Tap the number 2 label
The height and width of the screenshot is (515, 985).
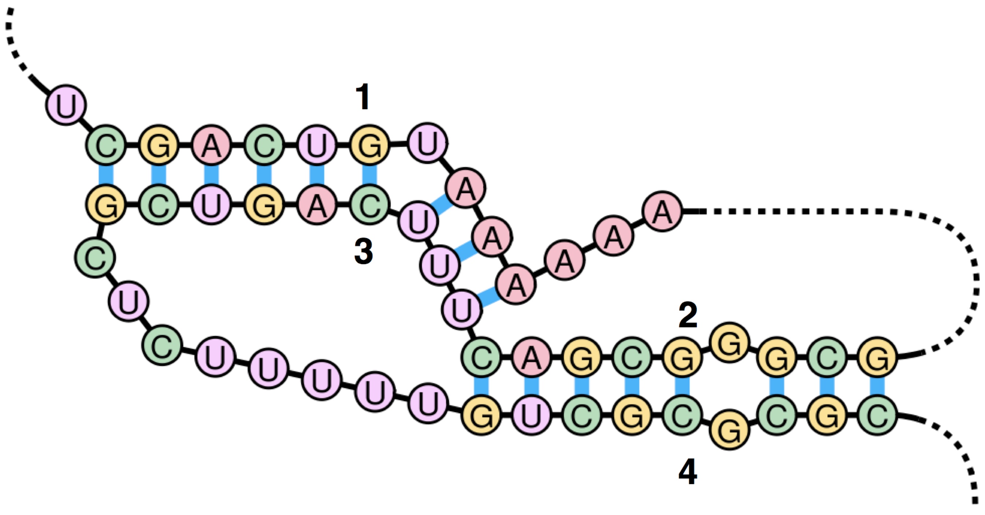click(x=688, y=315)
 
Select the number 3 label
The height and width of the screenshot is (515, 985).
click(x=364, y=251)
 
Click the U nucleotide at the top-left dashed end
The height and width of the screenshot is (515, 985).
click(x=66, y=105)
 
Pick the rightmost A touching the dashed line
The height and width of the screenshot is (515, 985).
click(x=662, y=211)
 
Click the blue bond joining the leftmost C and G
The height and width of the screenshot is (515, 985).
click(x=106, y=175)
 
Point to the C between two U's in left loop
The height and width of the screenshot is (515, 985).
click(x=162, y=345)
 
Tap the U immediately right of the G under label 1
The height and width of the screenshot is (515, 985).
click(x=427, y=144)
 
